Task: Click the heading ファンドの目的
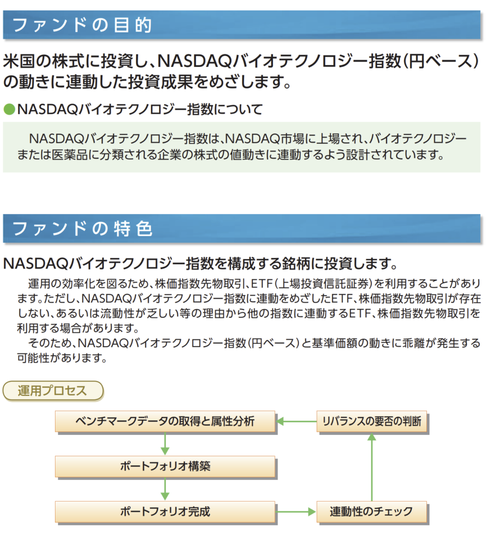click(82, 25)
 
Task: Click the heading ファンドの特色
click(82, 228)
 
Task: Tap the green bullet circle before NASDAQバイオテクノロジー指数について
click(9, 109)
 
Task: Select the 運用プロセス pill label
click(53, 390)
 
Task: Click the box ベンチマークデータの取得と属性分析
click(165, 421)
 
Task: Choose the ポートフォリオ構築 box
click(165, 466)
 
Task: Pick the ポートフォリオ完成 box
click(165, 512)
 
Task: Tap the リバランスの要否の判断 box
click(372, 421)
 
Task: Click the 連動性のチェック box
click(372, 512)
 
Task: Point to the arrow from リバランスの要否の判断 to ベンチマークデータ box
click(296, 421)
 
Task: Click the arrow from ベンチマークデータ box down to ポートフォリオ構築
click(165, 444)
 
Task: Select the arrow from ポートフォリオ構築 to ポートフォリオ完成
click(165, 489)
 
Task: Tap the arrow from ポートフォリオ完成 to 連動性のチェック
click(296, 512)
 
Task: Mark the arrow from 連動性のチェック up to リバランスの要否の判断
click(372, 467)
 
